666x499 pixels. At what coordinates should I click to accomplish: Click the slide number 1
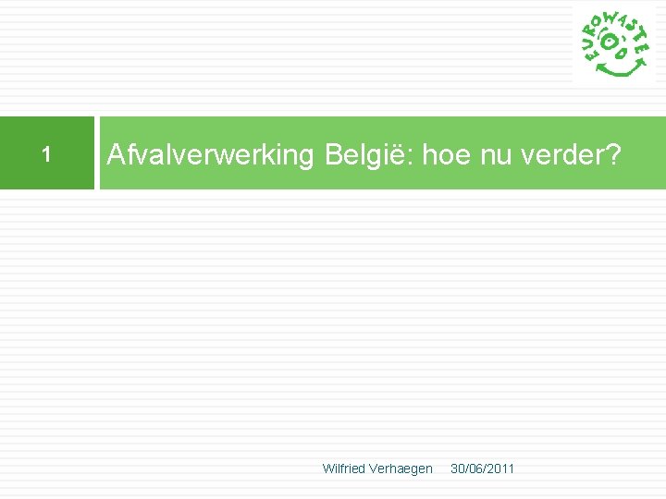click(x=45, y=153)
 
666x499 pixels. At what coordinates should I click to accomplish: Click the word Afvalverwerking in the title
click(x=211, y=155)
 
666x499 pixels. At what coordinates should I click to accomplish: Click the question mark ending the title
click(x=611, y=155)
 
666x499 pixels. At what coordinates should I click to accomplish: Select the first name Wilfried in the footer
click(x=343, y=469)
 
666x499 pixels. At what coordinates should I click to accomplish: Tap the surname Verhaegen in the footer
click(x=401, y=469)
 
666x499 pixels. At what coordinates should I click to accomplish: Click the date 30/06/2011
click(x=482, y=469)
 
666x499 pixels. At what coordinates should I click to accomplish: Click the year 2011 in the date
click(x=500, y=469)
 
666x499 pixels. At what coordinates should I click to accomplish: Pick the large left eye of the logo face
click(x=610, y=41)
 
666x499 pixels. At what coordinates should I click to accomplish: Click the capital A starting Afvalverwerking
click(x=116, y=155)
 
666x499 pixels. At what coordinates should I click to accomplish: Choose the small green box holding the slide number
click(x=46, y=153)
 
